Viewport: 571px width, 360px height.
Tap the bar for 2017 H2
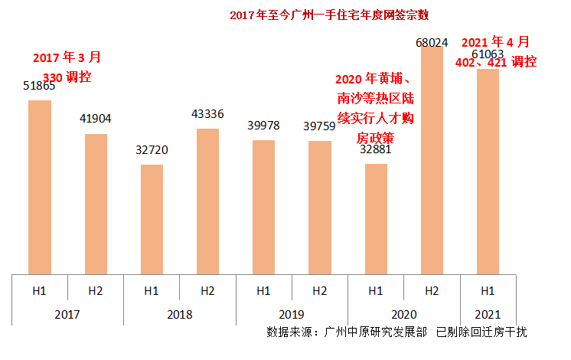96,203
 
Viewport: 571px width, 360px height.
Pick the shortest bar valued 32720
152,218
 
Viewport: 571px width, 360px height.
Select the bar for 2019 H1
263,206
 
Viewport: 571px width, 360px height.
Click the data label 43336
207,114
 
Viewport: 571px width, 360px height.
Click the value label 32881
375,150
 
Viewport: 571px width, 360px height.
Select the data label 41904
96,119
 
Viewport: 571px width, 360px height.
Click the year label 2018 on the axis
180,314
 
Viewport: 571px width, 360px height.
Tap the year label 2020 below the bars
403,314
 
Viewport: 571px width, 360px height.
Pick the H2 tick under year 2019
320,291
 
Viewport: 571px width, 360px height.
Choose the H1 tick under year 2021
488,291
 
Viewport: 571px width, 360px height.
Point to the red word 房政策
375,138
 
